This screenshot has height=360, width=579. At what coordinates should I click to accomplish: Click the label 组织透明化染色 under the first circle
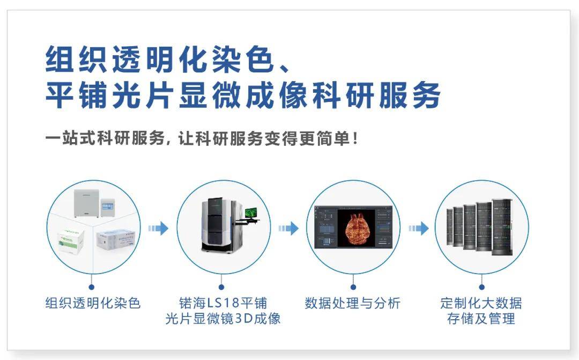point(93,303)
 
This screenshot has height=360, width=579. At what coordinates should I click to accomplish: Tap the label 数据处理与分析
point(352,303)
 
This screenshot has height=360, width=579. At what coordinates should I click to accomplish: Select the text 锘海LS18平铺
point(222,303)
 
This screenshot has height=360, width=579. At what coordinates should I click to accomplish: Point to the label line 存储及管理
point(481,319)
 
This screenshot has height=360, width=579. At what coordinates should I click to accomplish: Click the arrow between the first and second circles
point(158,229)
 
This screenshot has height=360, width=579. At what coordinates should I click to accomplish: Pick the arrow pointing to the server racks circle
point(418,229)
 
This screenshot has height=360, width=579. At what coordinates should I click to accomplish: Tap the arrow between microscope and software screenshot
point(288,229)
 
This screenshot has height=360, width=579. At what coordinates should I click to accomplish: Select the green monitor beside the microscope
point(251,214)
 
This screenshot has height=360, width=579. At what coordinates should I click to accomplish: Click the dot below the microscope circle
point(222,288)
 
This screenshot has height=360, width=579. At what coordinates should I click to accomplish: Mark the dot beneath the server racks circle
point(481,288)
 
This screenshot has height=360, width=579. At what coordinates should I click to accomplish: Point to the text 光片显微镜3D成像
point(222,319)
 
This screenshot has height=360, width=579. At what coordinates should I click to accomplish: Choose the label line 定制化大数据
point(481,303)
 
